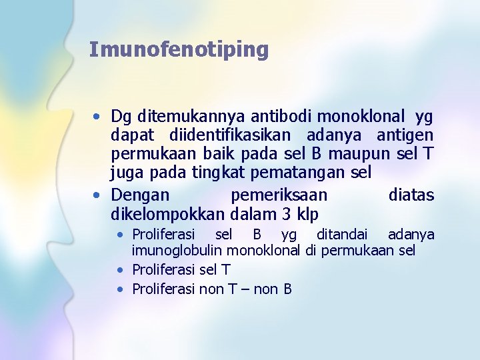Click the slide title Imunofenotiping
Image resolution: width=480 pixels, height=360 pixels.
[179, 49]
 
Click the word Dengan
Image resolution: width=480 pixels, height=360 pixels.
[140, 195]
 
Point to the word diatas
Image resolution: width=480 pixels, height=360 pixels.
[411, 195]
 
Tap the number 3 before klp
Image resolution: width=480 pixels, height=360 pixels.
[287, 214]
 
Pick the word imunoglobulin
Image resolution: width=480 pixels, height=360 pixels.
[177, 251]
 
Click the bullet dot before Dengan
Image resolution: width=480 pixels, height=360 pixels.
[97, 195]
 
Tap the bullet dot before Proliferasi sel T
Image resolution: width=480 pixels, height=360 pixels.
[119, 270]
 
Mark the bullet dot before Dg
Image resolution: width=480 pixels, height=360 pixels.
[97, 118]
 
